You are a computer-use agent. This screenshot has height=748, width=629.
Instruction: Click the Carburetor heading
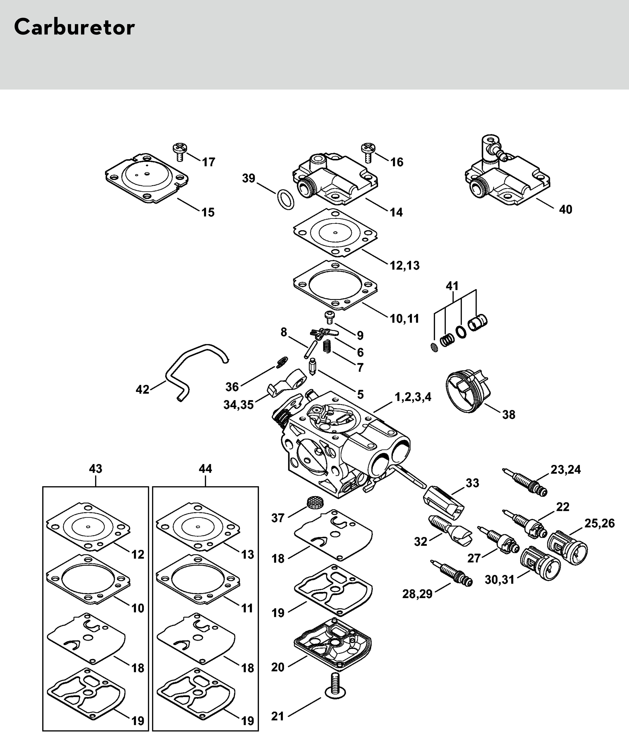(74, 27)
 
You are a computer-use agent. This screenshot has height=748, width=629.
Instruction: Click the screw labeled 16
(369, 153)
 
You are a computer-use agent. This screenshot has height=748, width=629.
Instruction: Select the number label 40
(565, 209)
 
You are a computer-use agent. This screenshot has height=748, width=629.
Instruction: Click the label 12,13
(405, 265)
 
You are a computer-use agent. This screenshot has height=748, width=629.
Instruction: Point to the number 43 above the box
(95, 468)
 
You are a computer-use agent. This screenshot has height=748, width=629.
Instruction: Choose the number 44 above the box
(205, 468)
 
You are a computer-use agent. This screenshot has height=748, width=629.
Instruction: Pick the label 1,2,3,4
(413, 397)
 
